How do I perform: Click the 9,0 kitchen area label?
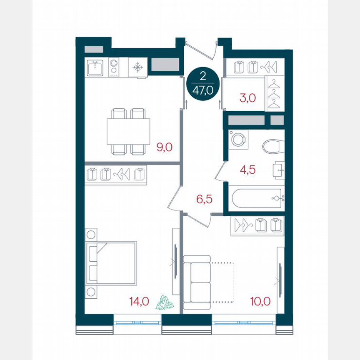(164, 147)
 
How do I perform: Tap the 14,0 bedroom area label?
(139, 301)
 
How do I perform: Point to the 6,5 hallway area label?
(204, 199)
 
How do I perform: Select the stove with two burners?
(113, 67)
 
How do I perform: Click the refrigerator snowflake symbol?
(137, 67)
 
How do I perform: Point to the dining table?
(128, 131)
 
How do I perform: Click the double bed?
(112, 262)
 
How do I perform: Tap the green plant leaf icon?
(165, 302)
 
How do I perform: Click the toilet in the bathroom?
(273, 146)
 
